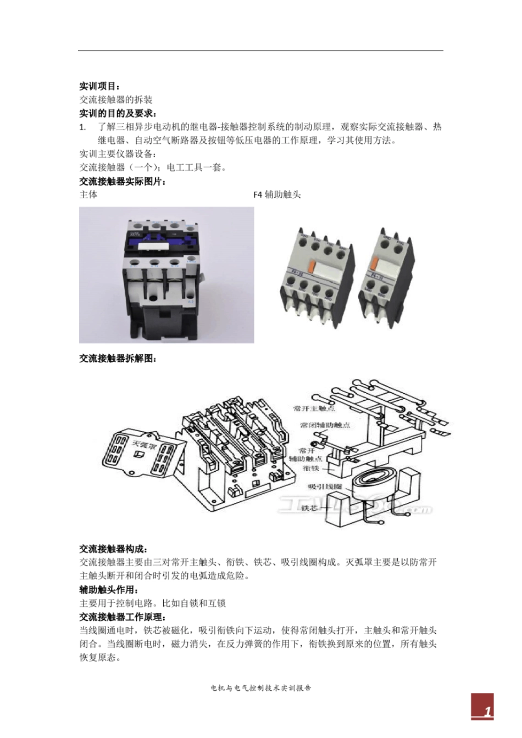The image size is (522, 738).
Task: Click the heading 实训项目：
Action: click(99, 86)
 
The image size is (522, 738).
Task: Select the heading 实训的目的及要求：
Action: click(118, 113)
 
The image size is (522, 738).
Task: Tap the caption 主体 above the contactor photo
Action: click(88, 194)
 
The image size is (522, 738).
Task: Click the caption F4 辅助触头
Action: click(277, 194)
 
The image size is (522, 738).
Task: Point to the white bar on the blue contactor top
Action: click(148, 246)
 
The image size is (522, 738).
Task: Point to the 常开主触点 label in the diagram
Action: click(314, 409)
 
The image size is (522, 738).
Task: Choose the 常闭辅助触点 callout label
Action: click(325, 425)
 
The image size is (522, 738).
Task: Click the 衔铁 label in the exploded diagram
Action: click(312, 468)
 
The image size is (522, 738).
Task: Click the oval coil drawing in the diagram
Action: click(368, 486)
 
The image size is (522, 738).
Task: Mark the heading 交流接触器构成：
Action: click(113, 549)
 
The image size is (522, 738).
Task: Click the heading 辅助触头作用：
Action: click(109, 589)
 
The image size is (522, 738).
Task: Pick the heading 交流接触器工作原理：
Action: click(122, 617)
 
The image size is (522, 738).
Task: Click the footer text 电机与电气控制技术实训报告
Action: click(261, 687)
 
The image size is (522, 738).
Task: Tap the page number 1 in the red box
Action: click(486, 712)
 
